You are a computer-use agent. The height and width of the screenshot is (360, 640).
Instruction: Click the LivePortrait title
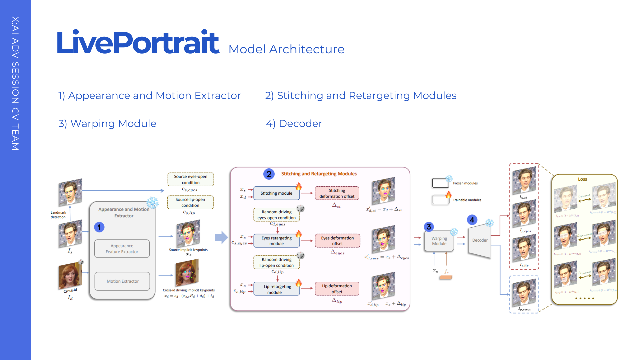[x=138, y=42]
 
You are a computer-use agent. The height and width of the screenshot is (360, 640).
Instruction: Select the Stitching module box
[x=276, y=193]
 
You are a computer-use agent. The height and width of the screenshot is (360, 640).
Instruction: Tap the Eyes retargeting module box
[x=276, y=241]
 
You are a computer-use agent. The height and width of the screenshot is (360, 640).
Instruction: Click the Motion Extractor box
[x=122, y=281]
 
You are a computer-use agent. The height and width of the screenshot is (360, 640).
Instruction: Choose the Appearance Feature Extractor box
[x=122, y=249]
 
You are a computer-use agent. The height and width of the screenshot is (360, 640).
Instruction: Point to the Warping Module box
[x=439, y=241]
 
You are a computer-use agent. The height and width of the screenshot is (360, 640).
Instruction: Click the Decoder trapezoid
[x=480, y=240]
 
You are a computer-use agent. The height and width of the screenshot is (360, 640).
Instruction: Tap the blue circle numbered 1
[x=99, y=227]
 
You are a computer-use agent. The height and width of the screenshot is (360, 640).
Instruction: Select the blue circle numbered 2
[x=269, y=174]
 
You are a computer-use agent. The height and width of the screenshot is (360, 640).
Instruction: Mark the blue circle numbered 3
[x=429, y=227]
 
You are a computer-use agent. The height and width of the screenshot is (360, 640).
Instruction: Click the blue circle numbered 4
[x=472, y=220]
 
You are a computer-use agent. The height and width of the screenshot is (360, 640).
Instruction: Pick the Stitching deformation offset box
[x=337, y=193]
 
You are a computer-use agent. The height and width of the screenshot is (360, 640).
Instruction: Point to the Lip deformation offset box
[x=337, y=289]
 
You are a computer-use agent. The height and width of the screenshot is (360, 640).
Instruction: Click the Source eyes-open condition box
[x=191, y=179]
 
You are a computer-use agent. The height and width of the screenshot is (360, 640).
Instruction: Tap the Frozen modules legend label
[x=465, y=183]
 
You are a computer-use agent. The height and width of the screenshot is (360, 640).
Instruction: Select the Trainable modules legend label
[x=467, y=200]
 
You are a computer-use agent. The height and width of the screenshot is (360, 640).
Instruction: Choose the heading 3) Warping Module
[x=107, y=124]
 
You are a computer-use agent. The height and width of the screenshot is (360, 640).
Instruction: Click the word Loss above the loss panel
[x=582, y=179]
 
